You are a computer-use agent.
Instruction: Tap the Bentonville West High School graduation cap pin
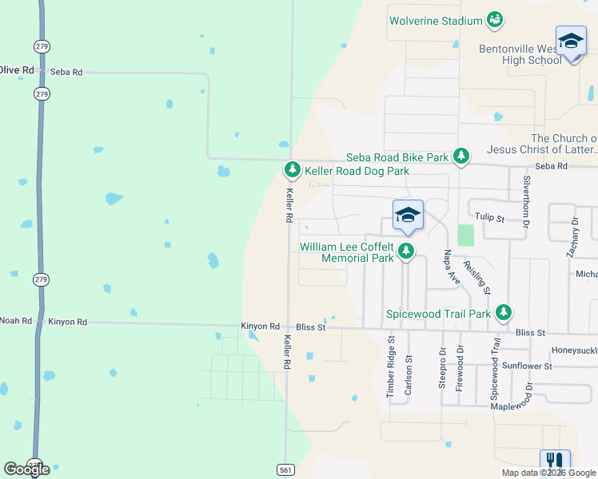pyautogui.click(x=571, y=42)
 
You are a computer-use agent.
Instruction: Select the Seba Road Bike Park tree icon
pyautogui.click(x=461, y=156)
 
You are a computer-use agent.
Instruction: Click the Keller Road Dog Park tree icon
pyautogui.click(x=293, y=170)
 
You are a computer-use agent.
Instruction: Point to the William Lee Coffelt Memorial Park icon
pyautogui.click(x=407, y=251)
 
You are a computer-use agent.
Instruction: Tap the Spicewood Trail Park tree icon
pyautogui.click(x=503, y=313)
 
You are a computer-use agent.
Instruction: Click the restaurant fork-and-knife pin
pyautogui.click(x=554, y=461)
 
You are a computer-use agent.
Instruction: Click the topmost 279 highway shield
pyautogui.click(x=42, y=44)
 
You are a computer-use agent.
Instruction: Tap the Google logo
pyautogui.click(x=26, y=469)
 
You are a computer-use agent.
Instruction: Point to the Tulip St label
pyautogui.click(x=490, y=218)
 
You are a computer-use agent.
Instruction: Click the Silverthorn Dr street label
pyautogui.click(x=527, y=202)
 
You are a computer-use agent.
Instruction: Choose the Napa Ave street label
pyautogui.click(x=451, y=267)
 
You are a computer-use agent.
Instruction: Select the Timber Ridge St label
pyautogui.click(x=391, y=366)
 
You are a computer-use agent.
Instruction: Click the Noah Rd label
pyautogui.click(x=15, y=321)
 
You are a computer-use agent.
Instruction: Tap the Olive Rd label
pyautogui.click(x=17, y=70)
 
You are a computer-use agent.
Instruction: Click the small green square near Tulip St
pyautogui.click(x=465, y=235)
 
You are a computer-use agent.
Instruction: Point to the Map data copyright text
pyautogui.click(x=548, y=473)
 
